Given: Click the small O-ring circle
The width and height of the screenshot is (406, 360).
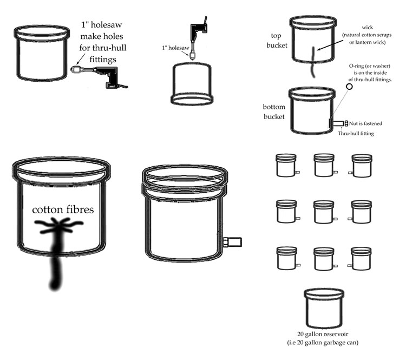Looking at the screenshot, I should click(x=349, y=86).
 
